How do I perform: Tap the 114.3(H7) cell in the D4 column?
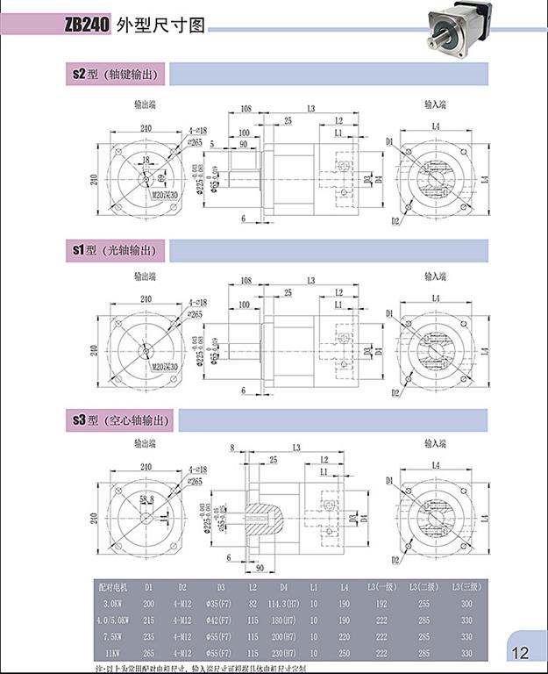click(x=284, y=604)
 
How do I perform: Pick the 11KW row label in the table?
click(x=112, y=653)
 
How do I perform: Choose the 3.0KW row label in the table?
click(x=113, y=604)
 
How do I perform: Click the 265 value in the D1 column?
click(x=149, y=653)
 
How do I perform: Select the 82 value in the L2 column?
click(x=253, y=604)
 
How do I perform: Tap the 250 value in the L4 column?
click(x=344, y=653)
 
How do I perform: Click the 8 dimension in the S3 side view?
click(x=232, y=448)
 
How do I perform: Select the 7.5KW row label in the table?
click(x=112, y=636)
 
